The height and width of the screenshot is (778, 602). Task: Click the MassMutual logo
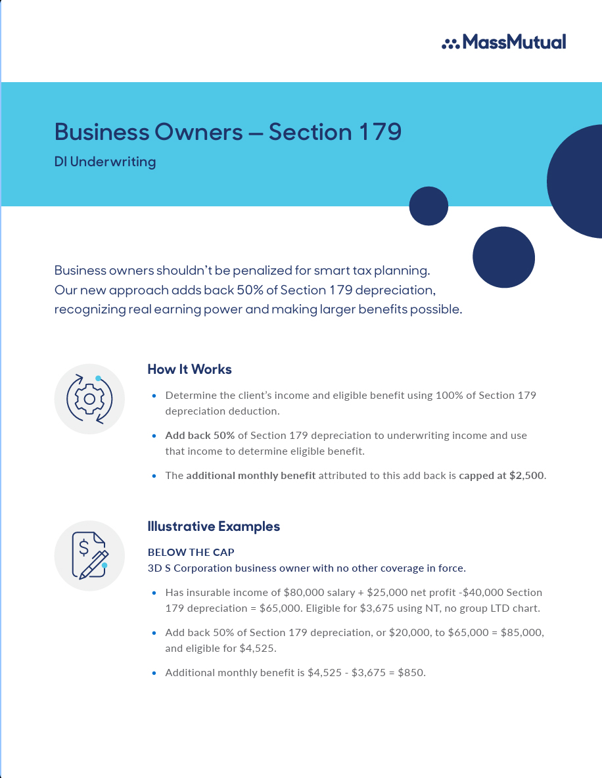click(504, 42)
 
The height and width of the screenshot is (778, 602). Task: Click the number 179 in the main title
click(380, 132)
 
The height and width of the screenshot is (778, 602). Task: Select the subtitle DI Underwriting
click(105, 162)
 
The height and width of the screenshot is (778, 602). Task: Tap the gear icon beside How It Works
click(89, 399)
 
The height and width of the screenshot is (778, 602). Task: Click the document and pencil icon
click(90, 555)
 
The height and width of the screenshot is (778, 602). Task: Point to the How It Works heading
click(189, 369)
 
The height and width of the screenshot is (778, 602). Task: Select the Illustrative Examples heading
click(214, 526)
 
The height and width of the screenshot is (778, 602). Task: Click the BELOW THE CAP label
click(191, 553)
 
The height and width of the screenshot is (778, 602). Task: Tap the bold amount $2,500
click(526, 475)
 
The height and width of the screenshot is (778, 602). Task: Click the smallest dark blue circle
click(428, 206)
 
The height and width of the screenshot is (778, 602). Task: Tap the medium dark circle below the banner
click(503, 257)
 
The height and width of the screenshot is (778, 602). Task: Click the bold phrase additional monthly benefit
click(250, 475)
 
